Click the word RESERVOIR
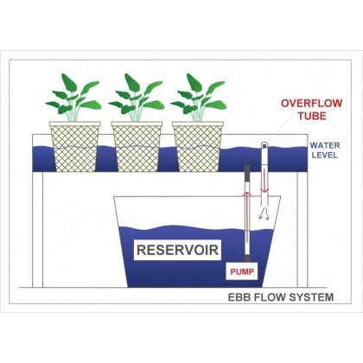coord(177,250)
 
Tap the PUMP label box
coord(242,271)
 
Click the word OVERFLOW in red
coord(311,104)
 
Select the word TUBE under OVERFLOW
coord(312,116)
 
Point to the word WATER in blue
coord(325,145)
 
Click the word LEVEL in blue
coord(325,156)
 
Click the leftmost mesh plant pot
coord(75,147)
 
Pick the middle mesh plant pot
coord(137,147)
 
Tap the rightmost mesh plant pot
coord(198,147)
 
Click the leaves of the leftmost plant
coord(73,98)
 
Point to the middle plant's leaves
coord(137,98)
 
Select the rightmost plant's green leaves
coord(199,98)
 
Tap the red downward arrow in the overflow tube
coord(264,181)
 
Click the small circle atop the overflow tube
coord(264,146)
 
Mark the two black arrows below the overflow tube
coord(264,213)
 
